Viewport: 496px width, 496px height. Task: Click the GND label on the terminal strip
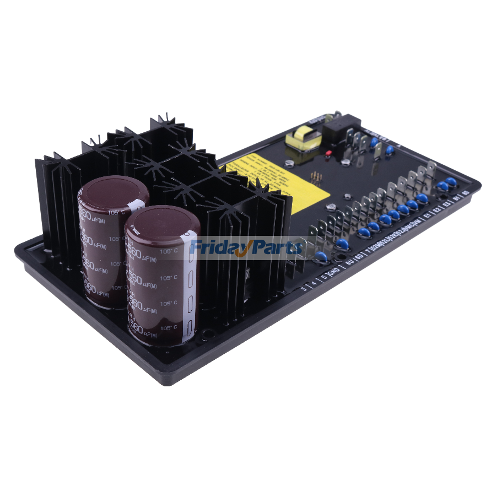pyautogui.click(x=333, y=272)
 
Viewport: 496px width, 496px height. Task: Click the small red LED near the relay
pyautogui.click(x=328, y=152)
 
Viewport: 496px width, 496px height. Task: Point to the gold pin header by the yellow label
pyautogui.click(x=318, y=178)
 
